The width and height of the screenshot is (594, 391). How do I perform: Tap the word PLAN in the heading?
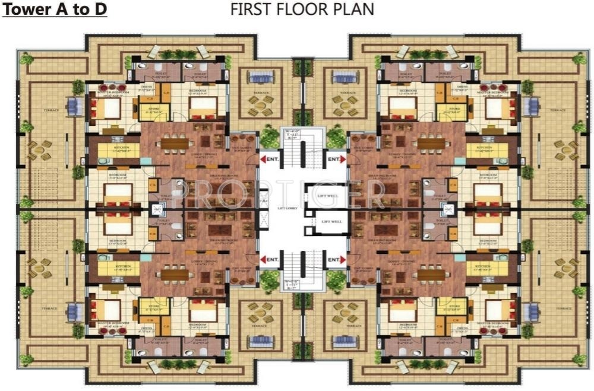click(x=355, y=9)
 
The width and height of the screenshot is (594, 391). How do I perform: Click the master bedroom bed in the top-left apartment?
click(x=107, y=109)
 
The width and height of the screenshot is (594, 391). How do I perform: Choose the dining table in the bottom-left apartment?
click(x=173, y=275)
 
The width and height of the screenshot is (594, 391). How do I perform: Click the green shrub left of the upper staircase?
click(x=268, y=138)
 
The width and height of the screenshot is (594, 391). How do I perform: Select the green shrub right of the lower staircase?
click(x=336, y=279)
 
